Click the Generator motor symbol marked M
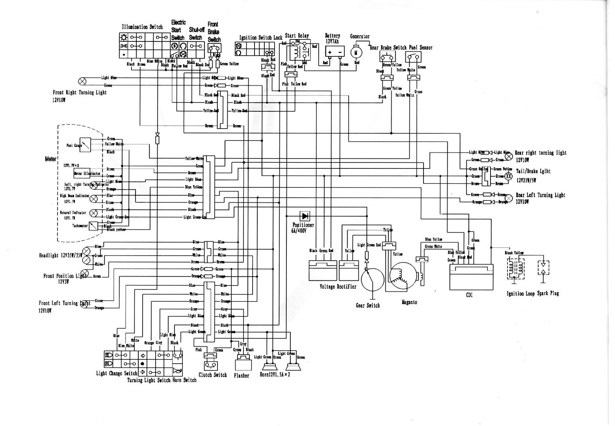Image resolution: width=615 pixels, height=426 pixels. click(x=356, y=51)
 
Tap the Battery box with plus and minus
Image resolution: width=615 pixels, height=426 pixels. click(x=334, y=52)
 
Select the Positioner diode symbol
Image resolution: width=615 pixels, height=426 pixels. click(x=305, y=216)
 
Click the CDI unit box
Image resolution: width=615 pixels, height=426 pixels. click(x=471, y=277)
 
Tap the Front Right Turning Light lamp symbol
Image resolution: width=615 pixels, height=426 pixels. click(x=82, y=81)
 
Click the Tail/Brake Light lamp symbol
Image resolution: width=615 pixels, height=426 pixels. click(x=509, y=176)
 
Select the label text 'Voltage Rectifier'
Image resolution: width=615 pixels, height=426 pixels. click(x=338, y=287)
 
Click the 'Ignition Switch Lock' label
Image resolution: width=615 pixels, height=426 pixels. click(x=261, y=38)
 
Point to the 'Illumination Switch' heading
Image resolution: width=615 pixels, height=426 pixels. click(x=142, y=27)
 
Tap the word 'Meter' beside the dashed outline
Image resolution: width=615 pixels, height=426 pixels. click(x=50, y=159)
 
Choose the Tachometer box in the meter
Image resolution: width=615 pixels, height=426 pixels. click(x=93, y=226)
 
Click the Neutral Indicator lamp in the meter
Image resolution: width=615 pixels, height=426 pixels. click(x=93, y=213)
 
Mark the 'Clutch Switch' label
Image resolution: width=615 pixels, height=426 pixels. click(x=213, y=375)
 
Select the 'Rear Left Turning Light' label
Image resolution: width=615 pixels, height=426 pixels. click(x=540, y=195)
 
